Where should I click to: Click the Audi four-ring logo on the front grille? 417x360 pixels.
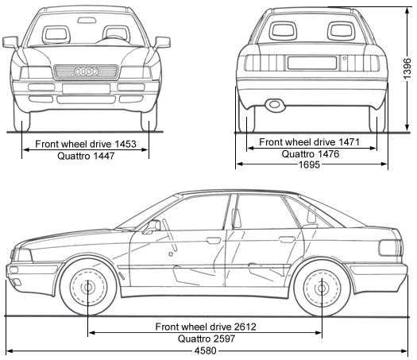pos(86,72)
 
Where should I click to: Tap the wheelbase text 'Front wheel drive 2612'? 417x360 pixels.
pos(206,327)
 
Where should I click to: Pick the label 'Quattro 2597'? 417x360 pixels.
pos(206,338)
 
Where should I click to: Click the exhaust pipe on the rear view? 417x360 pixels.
pos(275,104)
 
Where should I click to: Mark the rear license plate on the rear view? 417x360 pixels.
pos(311,63)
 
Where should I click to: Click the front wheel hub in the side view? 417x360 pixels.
pos(87,287)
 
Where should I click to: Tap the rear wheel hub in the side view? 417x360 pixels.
pos(321,287)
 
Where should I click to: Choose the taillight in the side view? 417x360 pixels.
pos(391,247)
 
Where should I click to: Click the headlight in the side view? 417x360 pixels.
pos(22,255)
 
